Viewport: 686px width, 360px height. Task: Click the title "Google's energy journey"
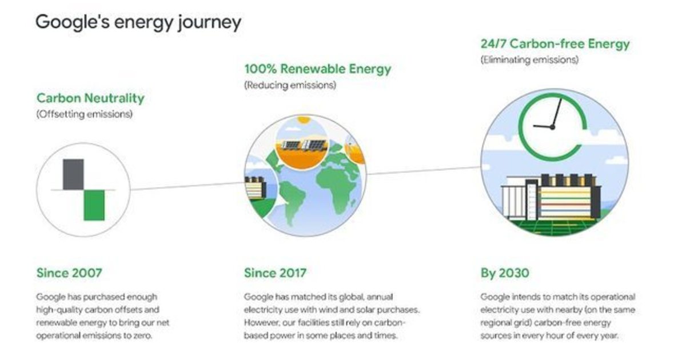pyautogui.click(x=138, y=22)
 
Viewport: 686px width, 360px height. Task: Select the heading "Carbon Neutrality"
pyautogui.click(x=90, y=98)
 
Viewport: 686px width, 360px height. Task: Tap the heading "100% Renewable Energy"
pyautogui.click(x=318, y=69)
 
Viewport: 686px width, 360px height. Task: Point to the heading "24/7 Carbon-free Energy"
pyautogui.click(x=555, y=43)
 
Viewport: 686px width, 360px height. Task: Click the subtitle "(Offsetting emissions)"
pyautogui.click(x=84, y=114)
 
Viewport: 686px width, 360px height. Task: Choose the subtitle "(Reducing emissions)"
pyautogui.click(x=290, y=85)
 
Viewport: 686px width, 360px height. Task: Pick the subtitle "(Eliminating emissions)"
pyautogui.click(x=529, y=59)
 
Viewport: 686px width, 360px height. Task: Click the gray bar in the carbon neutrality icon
pyautogui.click(x=73, y=174)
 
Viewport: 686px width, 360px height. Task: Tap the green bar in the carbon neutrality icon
pyautogui.click(x=94, y=205)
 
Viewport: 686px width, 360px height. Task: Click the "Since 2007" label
pyautogui.click(x=69, y=273)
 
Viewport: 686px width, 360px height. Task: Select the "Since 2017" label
pyautogui.click(x=275, y=273)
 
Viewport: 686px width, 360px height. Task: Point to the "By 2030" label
pyautogui.click(x=504, y=273)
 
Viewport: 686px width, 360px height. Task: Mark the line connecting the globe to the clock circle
pyautogui.click(x=423, y=171)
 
